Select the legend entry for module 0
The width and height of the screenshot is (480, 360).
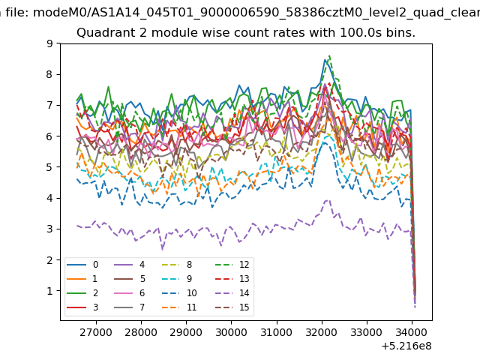(82, 265)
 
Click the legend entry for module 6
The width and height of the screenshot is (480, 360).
(129, 293)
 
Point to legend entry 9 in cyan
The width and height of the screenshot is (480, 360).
(177, 278)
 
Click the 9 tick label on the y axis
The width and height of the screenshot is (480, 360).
(49, 43)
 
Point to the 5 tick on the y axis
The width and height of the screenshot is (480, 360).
(49, 167)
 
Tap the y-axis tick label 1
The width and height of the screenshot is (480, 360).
(49, 291)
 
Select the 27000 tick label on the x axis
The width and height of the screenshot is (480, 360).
(96, 332)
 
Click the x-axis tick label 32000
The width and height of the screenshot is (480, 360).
(322, 332)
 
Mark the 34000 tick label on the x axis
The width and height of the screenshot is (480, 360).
(412, 332)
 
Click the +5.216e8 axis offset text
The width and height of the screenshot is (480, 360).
(406, 346)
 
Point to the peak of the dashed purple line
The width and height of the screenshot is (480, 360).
(328, 200)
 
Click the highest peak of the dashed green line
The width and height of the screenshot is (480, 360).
(329, 55)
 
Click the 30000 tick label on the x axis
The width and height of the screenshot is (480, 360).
(231, 332)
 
